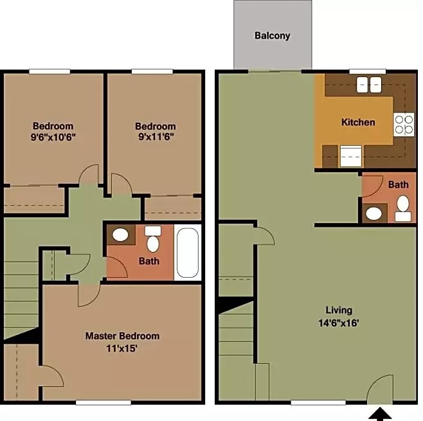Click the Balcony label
pos(272,36)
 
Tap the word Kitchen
pos(358,122)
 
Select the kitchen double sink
pos(367,84)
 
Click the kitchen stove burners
pos(404,124)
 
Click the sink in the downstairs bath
pos(373,213)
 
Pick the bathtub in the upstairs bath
pos(188,252)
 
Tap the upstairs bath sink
pos(120,235)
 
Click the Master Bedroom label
pos(122,336)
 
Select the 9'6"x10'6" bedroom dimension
pos(54,137)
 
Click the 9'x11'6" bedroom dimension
pos(156,137)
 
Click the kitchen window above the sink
pos(367,71)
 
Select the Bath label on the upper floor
pos(149,262)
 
